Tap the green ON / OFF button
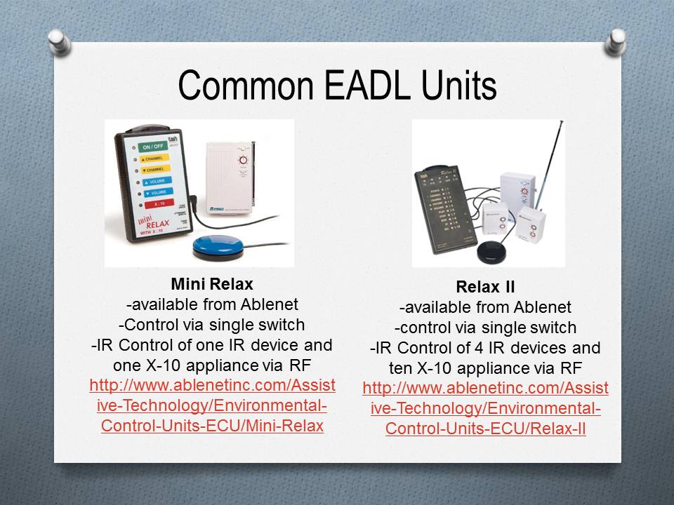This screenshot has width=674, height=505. (152, 147)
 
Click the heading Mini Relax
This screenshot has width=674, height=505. (211, 285)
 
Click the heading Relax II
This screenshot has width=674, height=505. (485, 287)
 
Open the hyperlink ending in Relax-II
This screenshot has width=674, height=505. (485, 408)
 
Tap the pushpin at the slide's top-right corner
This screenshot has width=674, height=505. (614, 40)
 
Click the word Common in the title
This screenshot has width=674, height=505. (239, 86)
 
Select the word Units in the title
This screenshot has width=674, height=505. (454, 86)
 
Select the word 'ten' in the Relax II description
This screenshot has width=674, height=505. (400, 367)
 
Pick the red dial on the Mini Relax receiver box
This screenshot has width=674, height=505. (242, 160)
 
